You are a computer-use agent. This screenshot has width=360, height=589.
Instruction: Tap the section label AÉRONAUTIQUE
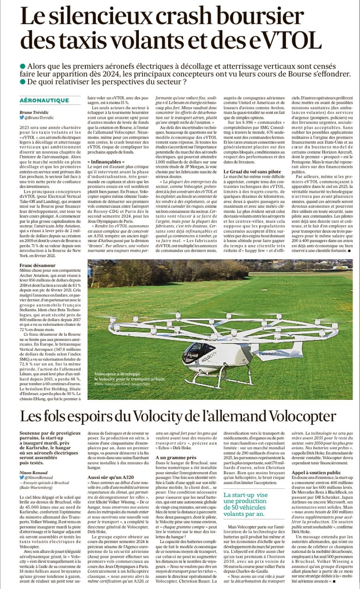(44, 101)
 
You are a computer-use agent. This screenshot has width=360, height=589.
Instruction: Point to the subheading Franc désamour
(38, 265)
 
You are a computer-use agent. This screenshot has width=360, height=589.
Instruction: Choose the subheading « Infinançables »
(106, 162)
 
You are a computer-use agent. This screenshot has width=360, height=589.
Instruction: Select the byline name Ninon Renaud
(34, 473)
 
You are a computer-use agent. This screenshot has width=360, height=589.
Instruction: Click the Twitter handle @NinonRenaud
(38, 478)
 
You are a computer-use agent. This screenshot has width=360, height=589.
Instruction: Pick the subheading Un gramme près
(176, 458)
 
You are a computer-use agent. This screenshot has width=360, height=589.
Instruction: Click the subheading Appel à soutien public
(316, 473)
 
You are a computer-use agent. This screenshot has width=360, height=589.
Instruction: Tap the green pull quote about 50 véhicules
(246, 504)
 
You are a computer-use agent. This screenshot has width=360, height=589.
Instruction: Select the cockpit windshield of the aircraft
(195, 349)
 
